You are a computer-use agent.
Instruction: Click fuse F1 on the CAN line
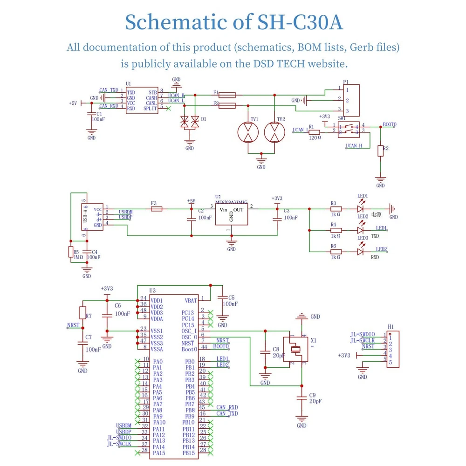pyautogui.click(x=227, y=95)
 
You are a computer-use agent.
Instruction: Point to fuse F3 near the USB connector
pyautogui.click(x=157, y=209)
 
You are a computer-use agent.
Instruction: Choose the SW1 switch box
pyautogui.click(x=349, y=129)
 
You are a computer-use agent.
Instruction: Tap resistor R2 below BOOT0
pyautogui.click(x=381, y=151)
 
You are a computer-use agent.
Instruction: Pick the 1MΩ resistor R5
pyautogui.click(x=71, y=253)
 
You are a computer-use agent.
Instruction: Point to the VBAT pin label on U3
pyautogui.click(x=191, y=301)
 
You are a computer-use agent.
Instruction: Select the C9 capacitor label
pyautogui.click(x=313, y=395)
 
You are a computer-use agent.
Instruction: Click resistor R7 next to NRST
pyautogui.click(x=83, y=313)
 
